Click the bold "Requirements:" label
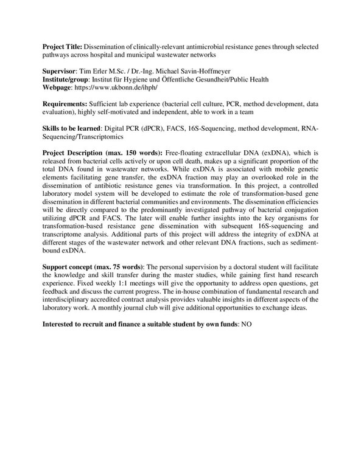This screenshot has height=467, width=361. coord(65,105)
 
